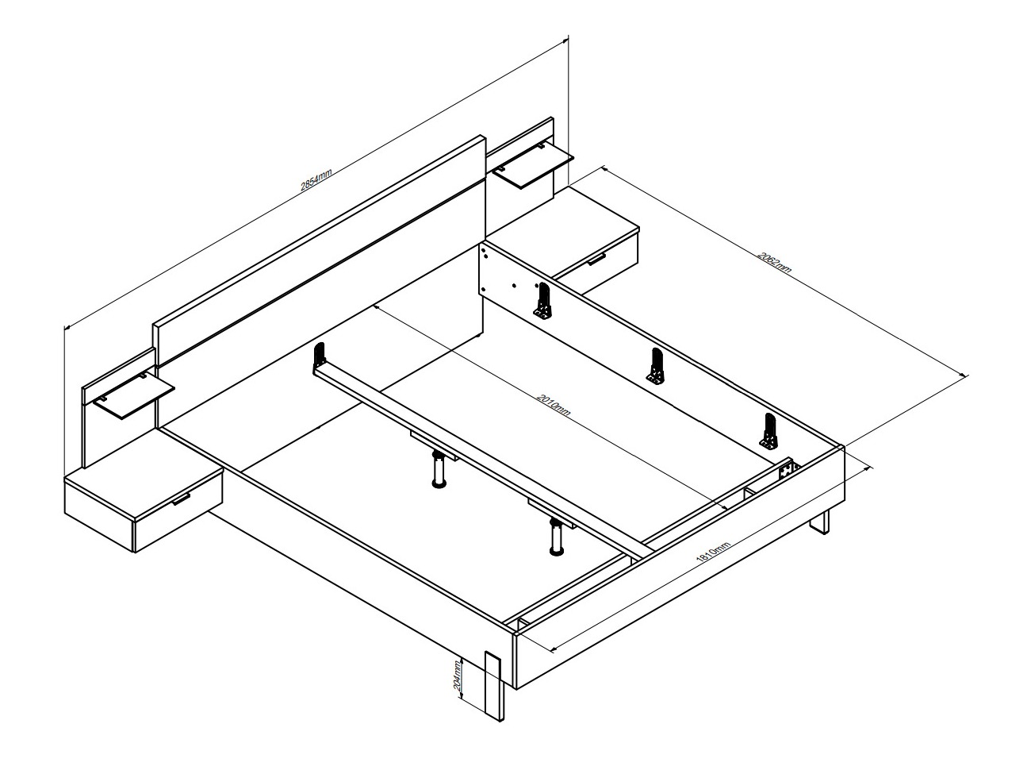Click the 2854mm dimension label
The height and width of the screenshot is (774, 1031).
(316, 179)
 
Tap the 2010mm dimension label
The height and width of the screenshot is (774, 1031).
(554, 405)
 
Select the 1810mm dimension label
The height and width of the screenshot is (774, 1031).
(713, 552)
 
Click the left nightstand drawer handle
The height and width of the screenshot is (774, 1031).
(181, 499)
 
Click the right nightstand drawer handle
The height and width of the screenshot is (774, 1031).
(596, 259)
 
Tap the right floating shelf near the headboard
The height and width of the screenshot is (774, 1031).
(533, 166)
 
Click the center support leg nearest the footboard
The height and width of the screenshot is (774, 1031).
(557, 537)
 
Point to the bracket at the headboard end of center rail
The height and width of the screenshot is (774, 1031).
(320, 358)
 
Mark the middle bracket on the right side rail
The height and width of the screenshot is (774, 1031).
(656, 366)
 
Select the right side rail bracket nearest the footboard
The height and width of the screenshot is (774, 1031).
(769, 430)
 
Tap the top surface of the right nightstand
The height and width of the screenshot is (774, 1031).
(563, 228)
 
